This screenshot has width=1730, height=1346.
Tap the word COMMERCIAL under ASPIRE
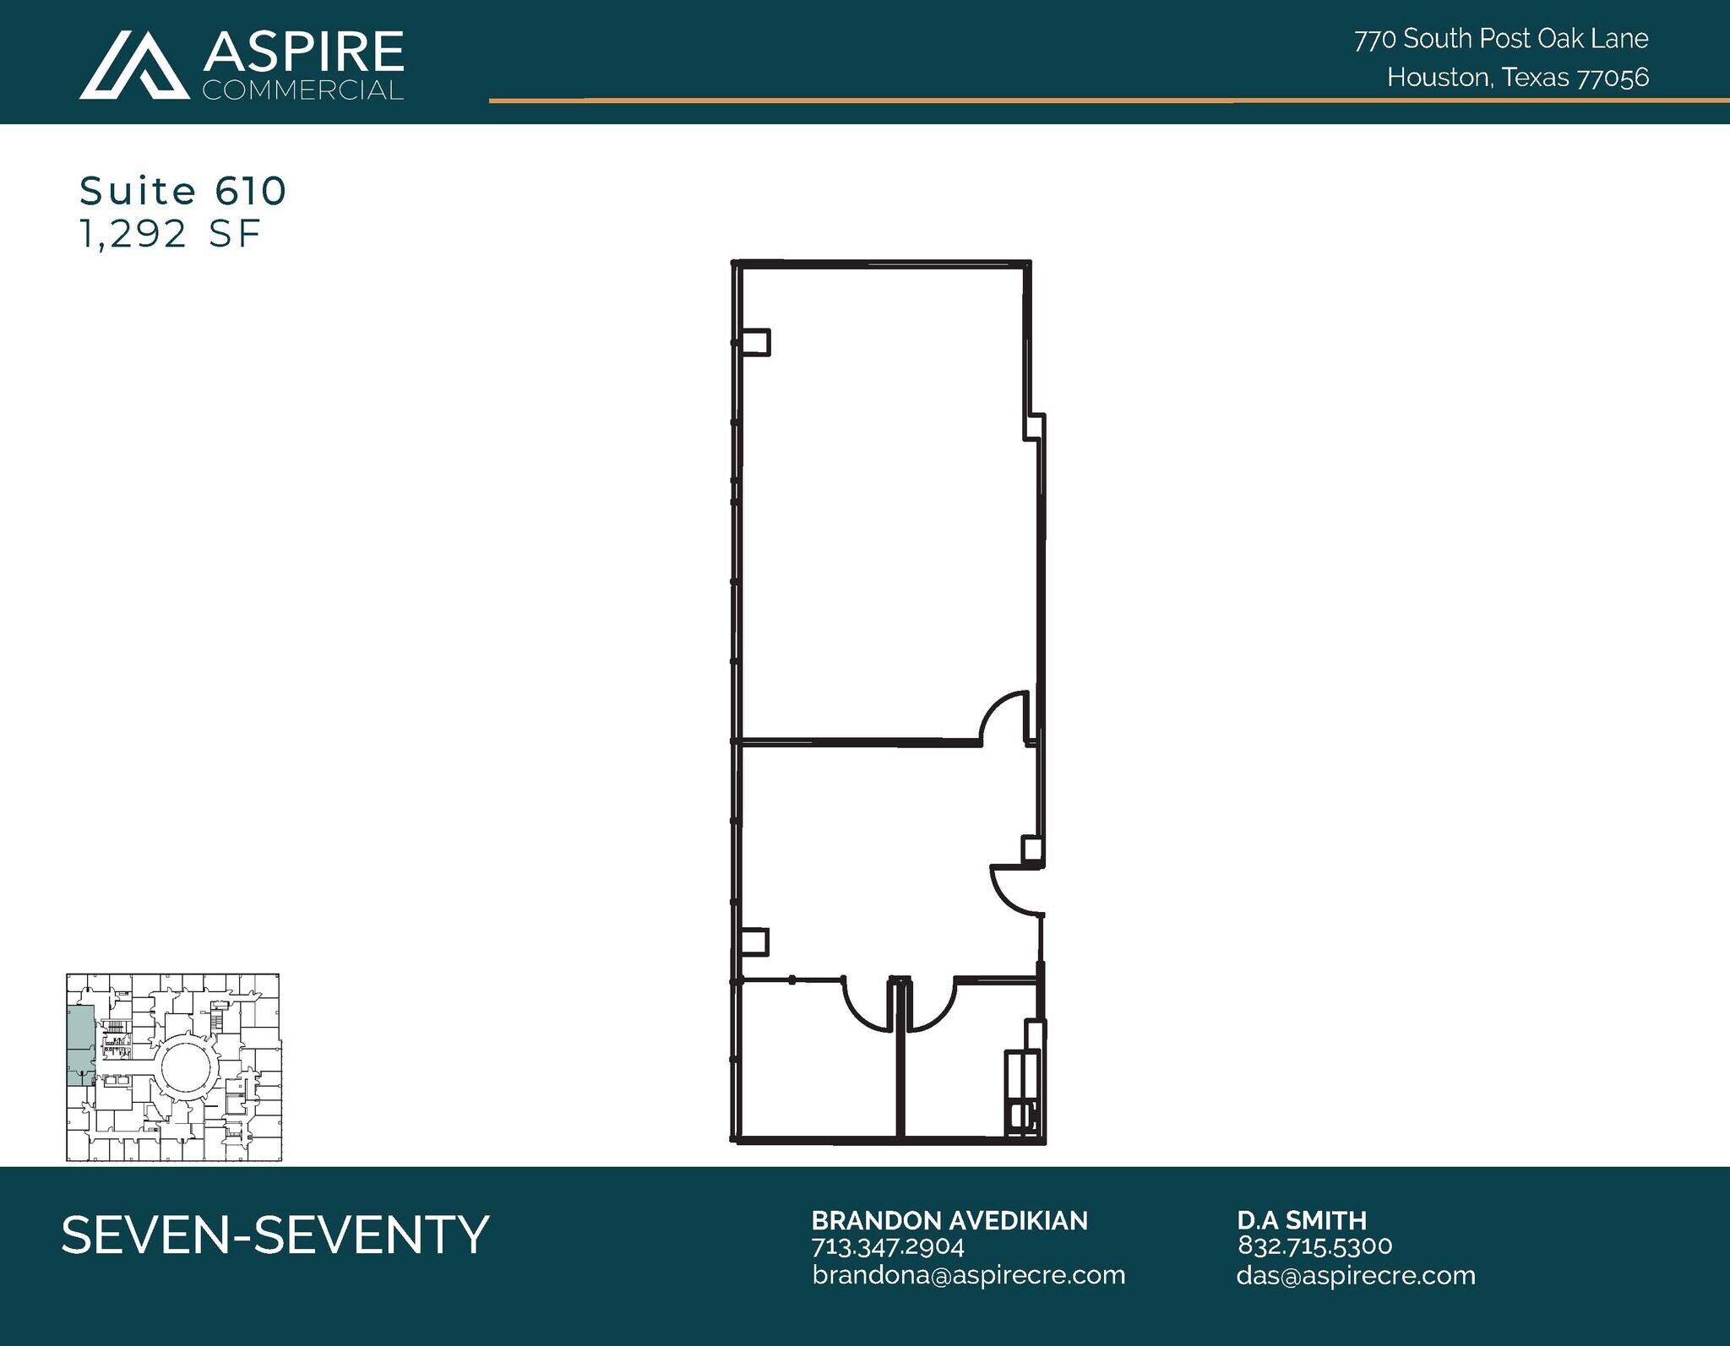[x=302, y=90]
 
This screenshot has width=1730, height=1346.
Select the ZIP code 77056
[x=1613, y=78]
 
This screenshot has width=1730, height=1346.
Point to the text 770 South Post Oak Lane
[x=1501, y=39]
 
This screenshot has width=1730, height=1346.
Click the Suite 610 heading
[x=183, y=192]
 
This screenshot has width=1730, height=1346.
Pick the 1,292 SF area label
[x=170, y=234]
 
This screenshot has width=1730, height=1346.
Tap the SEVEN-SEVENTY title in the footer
[x=275, y=1235]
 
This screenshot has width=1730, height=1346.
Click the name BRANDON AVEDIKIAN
[x=949, y=1220]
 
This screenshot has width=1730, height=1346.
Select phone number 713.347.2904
[x=888, y=1246]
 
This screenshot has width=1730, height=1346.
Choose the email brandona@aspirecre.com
[x=969, y=1275]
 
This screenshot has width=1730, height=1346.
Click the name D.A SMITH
[x=1302, y=1220]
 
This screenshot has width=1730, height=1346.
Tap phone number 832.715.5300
[x=1314, y=1246]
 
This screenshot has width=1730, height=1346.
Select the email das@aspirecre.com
[x=1356, y=1275]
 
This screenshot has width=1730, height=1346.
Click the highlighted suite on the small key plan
[x=80, y=1043]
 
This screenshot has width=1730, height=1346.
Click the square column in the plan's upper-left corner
[x=755, y=342]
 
